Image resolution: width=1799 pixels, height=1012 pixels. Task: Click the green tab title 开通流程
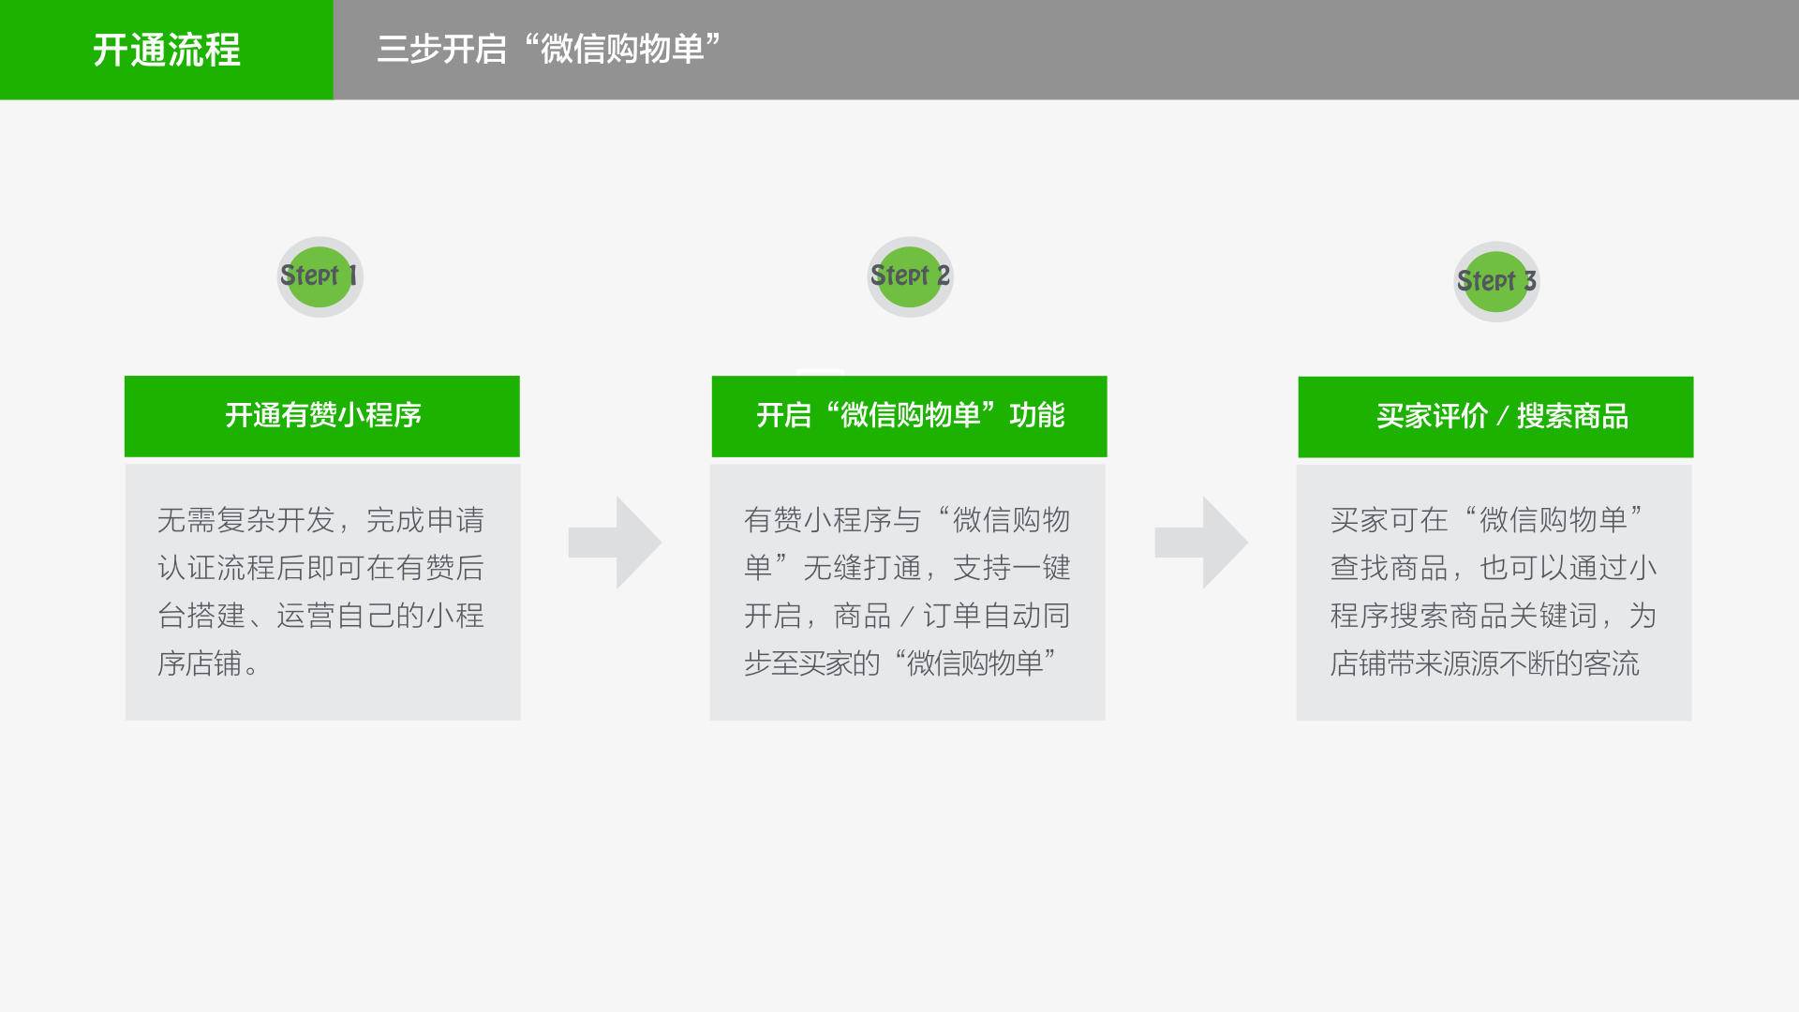tap(167, 50)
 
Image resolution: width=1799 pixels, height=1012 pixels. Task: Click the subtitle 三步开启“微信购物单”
tap(549, 49)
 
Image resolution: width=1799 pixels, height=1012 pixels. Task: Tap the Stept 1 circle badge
tap(320, 276)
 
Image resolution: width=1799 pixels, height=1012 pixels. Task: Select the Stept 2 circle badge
tap(910, 276)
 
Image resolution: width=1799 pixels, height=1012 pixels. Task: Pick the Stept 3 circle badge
tap(1496, 281)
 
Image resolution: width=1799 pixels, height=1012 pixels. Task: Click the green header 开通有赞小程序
tap(322, 416)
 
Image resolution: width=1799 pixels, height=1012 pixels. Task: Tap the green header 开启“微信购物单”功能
tap(909, 416)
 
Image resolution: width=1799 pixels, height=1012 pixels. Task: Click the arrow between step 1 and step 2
tap(615, 543)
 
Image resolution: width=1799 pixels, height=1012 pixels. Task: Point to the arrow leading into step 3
tap(1201, 543)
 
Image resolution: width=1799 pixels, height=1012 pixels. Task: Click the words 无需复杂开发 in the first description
tap(246, 520)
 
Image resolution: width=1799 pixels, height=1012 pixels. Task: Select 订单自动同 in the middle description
tap(997, 616)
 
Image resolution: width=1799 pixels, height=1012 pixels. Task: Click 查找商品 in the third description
tap(1390, 568)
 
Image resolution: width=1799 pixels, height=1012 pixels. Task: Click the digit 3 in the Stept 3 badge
tap(1529, 281)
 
